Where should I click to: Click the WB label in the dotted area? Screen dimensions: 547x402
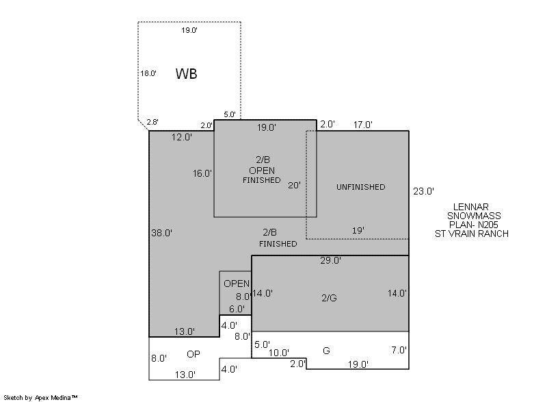tap(186, 74)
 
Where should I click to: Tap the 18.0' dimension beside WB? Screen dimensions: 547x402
tap(148, 73)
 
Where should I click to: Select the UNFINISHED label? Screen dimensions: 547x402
tap(361, 187)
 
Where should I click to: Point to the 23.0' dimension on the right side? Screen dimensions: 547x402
tap(423, 191)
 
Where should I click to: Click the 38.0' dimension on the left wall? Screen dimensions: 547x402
tap(161, 233)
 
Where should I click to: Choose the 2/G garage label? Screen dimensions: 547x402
tap(329, 298)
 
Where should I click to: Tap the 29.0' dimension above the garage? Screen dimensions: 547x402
tap(330, 260)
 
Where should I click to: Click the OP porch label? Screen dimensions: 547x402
tap(194, 354)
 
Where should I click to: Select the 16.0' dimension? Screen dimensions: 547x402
tap(202, 173)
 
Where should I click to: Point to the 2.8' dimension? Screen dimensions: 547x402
tap(152, 122)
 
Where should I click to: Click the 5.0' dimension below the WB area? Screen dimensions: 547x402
tap(230, 114)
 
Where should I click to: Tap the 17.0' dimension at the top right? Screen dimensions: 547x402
tap(363, 125)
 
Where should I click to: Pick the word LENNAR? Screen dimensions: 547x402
tap(470, 207)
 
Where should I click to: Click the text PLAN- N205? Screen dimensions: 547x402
tap(473, 225)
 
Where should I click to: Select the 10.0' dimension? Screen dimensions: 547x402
tap(278, 353)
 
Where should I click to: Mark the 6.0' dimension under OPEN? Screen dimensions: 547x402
tap(237, 309)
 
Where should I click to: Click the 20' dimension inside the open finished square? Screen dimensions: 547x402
tap(294, 186)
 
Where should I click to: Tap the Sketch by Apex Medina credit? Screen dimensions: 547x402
tap(41, 397)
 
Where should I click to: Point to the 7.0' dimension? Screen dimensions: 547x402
tap(399, 350)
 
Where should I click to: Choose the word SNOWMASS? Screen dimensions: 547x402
tap(474, 216)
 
